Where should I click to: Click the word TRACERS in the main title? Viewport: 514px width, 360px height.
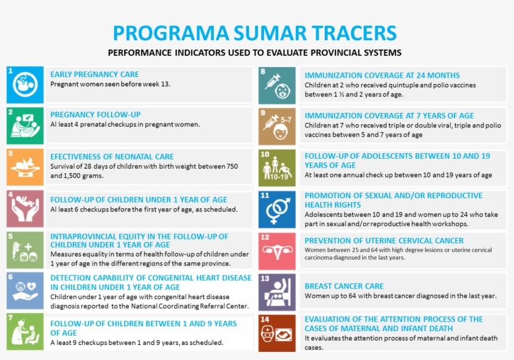pyautogui.click(x=354, y=33)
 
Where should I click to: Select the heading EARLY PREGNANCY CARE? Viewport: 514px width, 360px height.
pyautogui.click(x=95, y=75)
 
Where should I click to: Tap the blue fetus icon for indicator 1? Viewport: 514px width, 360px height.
pyautogui.click(x=25, y=85)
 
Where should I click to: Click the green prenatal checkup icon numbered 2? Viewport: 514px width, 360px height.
pyautogui.click(x=25, y=126)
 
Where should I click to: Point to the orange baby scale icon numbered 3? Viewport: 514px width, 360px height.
pyautogui.click(x=25, y=167)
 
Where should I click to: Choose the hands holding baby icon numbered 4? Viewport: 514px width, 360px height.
pyautogui.click(x=25, y=208)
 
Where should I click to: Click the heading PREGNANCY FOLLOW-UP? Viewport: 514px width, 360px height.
pyautogui.click(x=95, y=115)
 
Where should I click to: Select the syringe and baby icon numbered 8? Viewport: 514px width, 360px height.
pyautogui.click(x=277, y=85)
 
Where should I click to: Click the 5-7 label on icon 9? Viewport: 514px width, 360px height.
pyautogui.click(x=286, y=120)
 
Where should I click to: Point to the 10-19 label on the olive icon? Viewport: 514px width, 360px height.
pyautogui.click(x=279, y=177)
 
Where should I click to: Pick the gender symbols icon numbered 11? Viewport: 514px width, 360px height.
pyautogui.click(x=277, y=210)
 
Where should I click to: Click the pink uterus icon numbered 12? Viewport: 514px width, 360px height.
pyautogui.click(x=277, y=251)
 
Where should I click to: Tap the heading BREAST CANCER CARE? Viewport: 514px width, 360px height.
pyautogui.click(x=344, y=286)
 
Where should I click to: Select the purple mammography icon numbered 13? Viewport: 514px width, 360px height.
pyautogui.click(x=277, y=292)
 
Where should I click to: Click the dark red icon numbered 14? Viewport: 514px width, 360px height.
pyautogui.click(x=277, y=333)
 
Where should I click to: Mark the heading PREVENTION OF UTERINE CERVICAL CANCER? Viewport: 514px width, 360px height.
pyautogui.click(x=384, y=241)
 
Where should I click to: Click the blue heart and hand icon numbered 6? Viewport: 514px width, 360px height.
pyautogui.click(x=25, y=290)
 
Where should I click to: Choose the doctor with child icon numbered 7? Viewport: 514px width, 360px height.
pyautogui.click(x=25, y=332)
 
